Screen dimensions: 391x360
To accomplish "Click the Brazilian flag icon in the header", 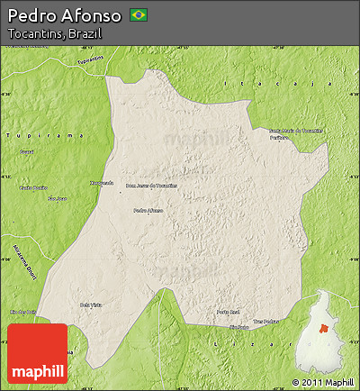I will point(139,14).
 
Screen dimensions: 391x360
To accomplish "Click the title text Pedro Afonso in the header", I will point(63,15).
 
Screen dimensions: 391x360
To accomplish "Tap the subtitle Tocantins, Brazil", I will point(53,33).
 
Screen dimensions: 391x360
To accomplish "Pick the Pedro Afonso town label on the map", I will point(148,211).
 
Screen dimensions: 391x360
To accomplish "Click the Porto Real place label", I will point(229,313).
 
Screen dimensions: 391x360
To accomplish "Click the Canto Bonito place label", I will point(32,188).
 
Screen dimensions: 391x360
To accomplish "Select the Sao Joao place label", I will point(58,198).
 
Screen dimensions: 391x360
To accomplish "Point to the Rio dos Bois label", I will point(22,312).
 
